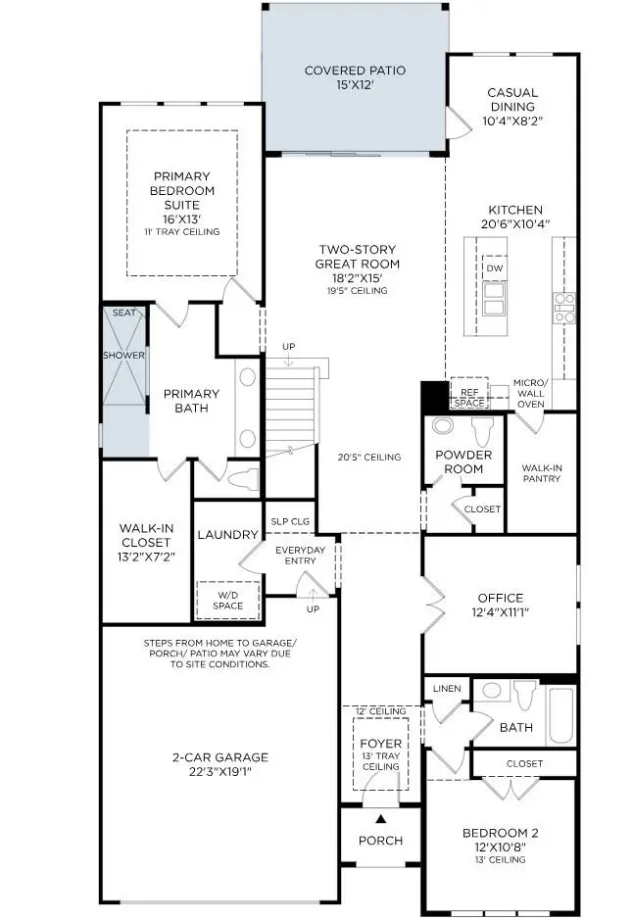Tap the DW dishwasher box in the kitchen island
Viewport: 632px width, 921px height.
click(x=494, y=267)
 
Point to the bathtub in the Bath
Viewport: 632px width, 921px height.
click(x=561, y=716)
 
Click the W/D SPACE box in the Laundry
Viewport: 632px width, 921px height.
click(x=228, y=600)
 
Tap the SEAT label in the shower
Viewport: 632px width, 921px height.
click(x=124, y=313)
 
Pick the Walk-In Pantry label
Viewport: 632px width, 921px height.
click(x=541, y=473)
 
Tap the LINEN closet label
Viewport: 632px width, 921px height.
click(x=447, y=689)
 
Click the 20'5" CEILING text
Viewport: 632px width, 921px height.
click(x=369, y=457)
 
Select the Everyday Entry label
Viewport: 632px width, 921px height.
click(x=300, y=556)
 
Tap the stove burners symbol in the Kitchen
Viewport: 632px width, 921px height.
click(x=565, y=308)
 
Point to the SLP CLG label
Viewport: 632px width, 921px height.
click(x=288, y=521)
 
